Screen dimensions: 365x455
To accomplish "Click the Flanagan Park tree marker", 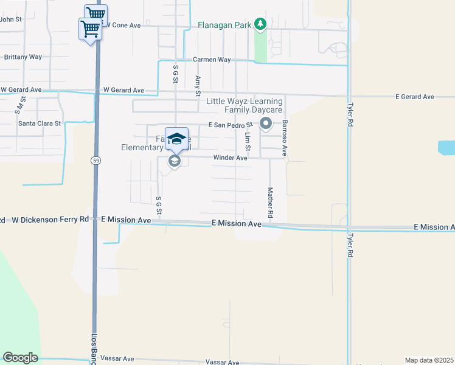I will pyautogui.click(x=260, y=24).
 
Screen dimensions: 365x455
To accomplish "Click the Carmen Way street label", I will pyautogui.click(x=212, y=60).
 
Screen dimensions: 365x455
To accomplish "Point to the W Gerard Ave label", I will pyautogui.click(x=123, y=91).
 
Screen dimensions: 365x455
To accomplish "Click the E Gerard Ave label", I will pyautogui.click(x=415, y=97).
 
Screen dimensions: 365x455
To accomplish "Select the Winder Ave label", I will pyautogui.click(x=230, y=158).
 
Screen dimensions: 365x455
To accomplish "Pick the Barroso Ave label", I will pyautogui.click(x=284, y=138).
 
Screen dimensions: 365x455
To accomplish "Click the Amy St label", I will pyautogui.click(x=197, y=86).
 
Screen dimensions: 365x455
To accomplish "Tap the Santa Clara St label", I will pyautogui.click(x=40, y=123).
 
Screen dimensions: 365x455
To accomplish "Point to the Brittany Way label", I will pyautogui.click(x=23, y=57).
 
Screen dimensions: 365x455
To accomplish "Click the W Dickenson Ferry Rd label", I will pyautogui.click(x=50, y=219).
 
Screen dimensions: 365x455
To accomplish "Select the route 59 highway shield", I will pyautogui.click(x=96, y=161).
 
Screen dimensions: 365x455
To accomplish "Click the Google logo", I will pyautogui.click(x=20, y=358).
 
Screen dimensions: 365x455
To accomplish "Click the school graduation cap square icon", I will pyautogui.click(x=176, y=137).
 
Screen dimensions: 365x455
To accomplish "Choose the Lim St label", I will pyautogui.click(x=248, y=142).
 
